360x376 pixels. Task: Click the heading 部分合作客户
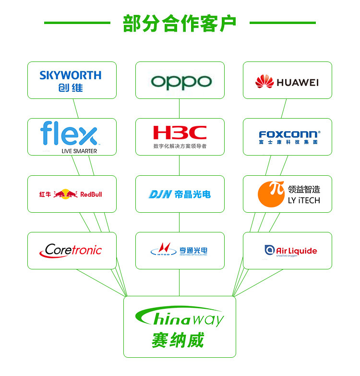pyautogui.click(x=180, y=23)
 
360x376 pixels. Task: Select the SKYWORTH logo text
pyautogui.click(x=71, y=75)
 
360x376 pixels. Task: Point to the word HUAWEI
pyautogui.click(x=298, y=83)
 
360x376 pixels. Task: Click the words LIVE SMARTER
pyautogui.click(x=79, y=151)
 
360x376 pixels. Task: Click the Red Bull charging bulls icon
pyautogui.click(x=65, y=194)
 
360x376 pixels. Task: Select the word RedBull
pyautogui.click(x=91, y=194)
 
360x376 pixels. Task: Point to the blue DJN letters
pyautogui.click(x=160, y=194)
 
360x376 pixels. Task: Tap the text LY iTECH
pyautogui.click(x=304, y=200)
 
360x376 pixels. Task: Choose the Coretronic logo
pyautogui.click(x=71, y=250)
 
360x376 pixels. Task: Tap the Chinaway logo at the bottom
pyautogui.click(x=180, y=317)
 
